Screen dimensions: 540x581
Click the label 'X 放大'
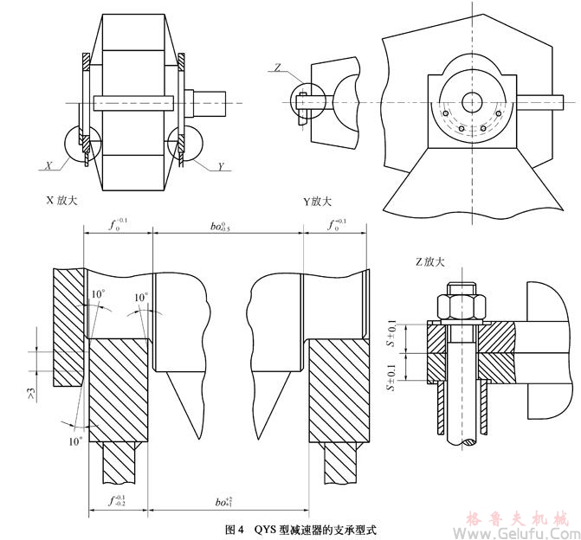(x=62, y=201)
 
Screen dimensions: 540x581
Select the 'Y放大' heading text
(x=318, y=201)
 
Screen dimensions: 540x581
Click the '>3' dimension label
(x=32, y=394)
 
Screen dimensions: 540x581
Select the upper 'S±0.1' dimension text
(x=392, y=334)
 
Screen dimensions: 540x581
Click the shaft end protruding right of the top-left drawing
(x=215, y=100)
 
